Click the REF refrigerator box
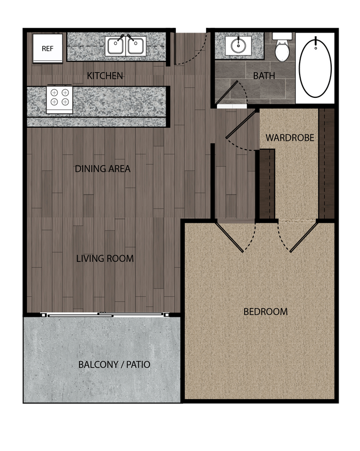pyautogui.click(x=48, y=48)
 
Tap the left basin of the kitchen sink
pyautogui.click(x=116, y=46)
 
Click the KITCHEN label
pyautogui.click(x=105, y=76)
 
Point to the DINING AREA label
pyautogui.click(x=103, y=169)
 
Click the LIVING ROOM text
pyautogui.click(x=105, y=259)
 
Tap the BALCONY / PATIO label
pyautogui.click(x=114, y=365)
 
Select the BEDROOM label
pyautogui.click(x=265, y=312)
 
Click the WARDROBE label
pyautogui.click(x=289, y=138)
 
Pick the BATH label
pyautogui.click(x=264, y=76)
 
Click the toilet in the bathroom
pyautogui.click(x=282, y=49)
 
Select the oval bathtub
pyautogui.click(x=315, y=66)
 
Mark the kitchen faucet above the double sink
pyautogui.click(x=126, y=37)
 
